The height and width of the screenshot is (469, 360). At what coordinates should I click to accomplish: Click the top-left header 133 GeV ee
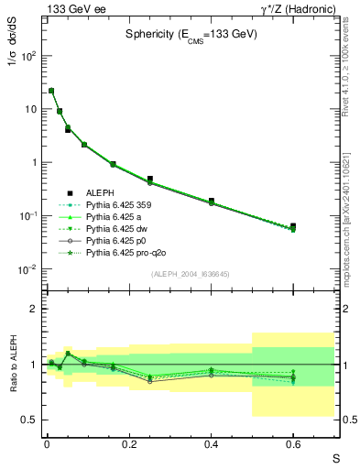point(74,8)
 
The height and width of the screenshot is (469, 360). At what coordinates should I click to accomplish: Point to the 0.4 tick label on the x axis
point(211,443)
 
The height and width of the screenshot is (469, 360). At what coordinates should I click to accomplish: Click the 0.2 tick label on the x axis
point(128,443)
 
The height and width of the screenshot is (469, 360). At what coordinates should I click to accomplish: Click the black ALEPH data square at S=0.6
point(293,226)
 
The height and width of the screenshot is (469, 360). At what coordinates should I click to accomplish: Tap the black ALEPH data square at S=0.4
point(211,201)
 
